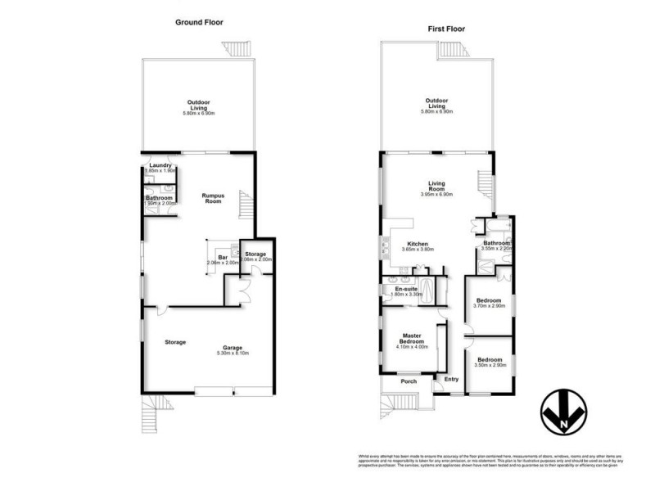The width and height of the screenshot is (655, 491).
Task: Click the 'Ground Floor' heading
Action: pos(199,22)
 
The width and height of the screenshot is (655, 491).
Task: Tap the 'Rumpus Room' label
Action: pos(214,198)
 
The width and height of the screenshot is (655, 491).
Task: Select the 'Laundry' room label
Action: pos(160,165)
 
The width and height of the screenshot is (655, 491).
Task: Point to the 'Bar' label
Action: pos(222,256)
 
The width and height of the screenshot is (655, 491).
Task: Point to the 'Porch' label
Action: pos(408,381)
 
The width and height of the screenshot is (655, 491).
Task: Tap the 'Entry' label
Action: pos(451,379)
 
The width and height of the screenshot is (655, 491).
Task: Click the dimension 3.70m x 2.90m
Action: pos(490,306)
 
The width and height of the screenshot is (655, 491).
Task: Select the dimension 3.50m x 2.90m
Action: pos(489,365)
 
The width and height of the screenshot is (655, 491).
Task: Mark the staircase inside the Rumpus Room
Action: pos(244,205)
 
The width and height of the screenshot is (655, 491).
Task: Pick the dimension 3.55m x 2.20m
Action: pos(497,250)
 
